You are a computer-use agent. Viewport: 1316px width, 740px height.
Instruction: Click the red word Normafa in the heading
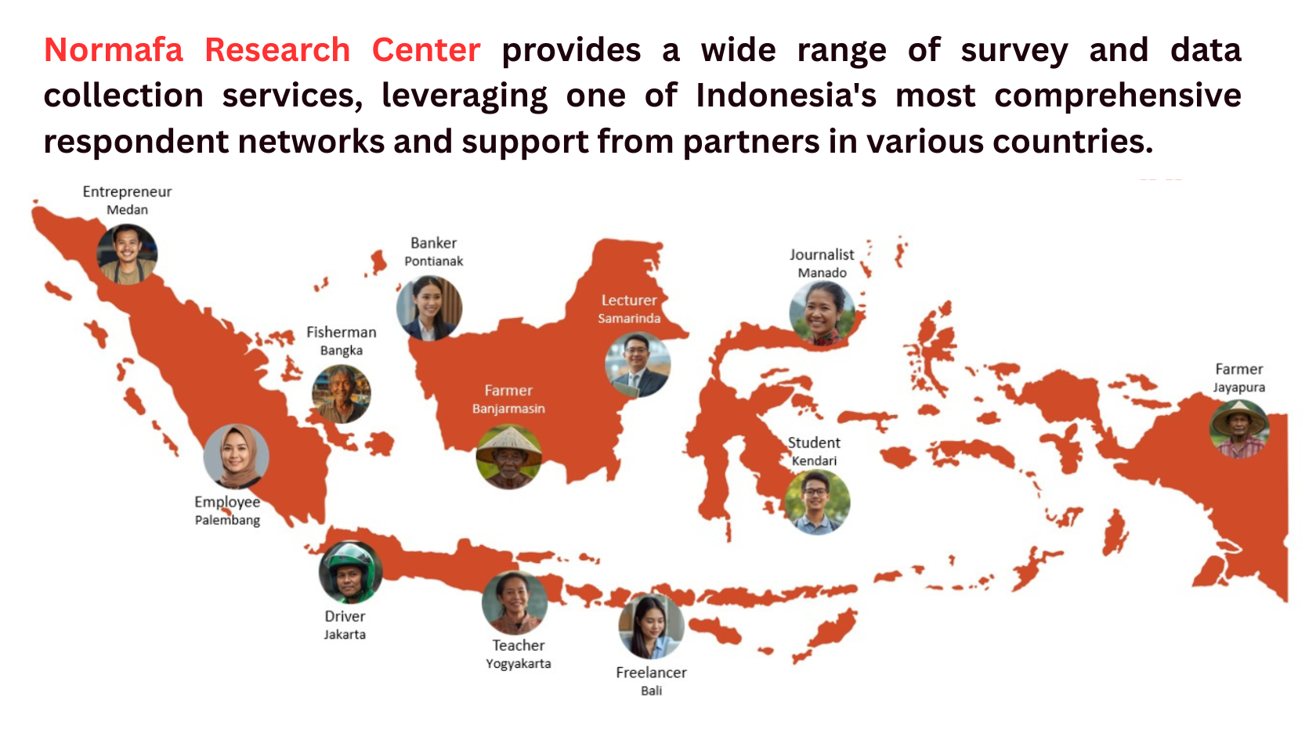tap(114, 50)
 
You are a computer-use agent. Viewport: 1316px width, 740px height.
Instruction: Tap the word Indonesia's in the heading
tap(786, 96)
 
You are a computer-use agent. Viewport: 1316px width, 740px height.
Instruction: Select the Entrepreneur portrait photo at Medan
tap(127, 254)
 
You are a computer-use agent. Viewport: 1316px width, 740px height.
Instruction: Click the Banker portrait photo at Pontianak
tap(429, 309)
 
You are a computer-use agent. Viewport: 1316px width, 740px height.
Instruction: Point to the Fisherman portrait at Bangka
tap(342, 394)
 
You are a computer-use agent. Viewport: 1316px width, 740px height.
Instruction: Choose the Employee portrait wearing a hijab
tap(237, 457)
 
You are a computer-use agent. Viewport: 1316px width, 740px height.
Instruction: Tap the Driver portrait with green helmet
tap(351, 572)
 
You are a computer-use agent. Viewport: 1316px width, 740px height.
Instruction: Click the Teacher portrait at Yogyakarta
tap(515, 603)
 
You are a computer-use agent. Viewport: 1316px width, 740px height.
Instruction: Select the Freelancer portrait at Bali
tap(652, 626)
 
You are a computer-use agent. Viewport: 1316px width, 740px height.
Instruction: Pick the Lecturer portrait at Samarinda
tap(638, 365)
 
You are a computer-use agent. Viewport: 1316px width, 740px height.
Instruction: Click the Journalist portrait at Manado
tap(822, 313)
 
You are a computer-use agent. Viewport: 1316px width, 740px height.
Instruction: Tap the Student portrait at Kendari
tap(817, 502)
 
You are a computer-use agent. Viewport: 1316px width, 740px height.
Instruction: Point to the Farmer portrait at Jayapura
tap(1239, 429)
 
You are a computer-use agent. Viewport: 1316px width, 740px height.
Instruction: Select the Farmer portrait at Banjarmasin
tap(509, 457)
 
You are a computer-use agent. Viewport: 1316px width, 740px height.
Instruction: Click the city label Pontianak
tap(434, 262)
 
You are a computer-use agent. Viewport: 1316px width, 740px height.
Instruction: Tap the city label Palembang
tap(227, 520)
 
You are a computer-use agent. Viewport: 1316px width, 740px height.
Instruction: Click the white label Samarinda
tap(629, 318)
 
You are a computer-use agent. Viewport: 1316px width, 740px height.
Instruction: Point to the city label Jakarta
tap(345, 635)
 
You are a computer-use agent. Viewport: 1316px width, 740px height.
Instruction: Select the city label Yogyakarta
tap(519, 664)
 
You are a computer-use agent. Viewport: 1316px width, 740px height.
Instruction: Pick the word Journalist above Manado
tap(822, 255)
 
